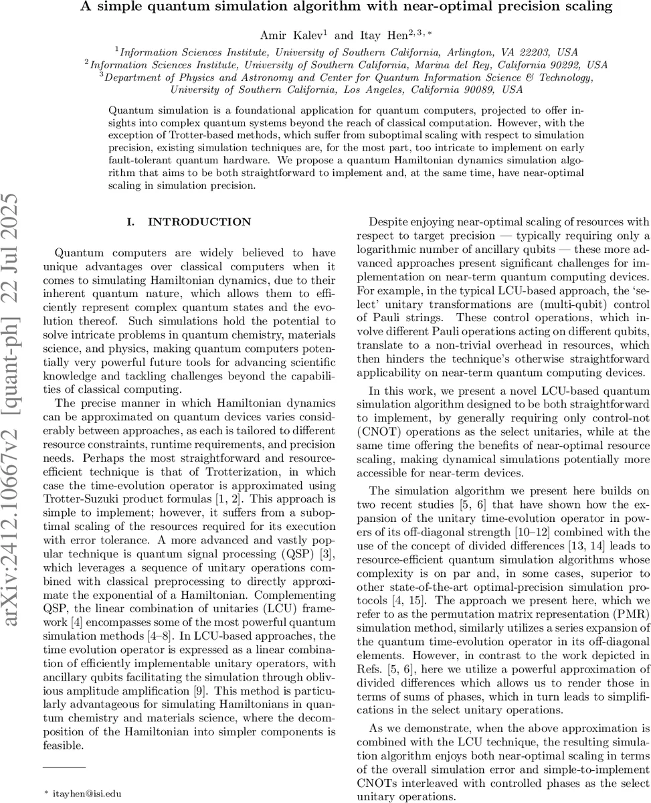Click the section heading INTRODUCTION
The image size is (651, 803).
click(199, 221)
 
